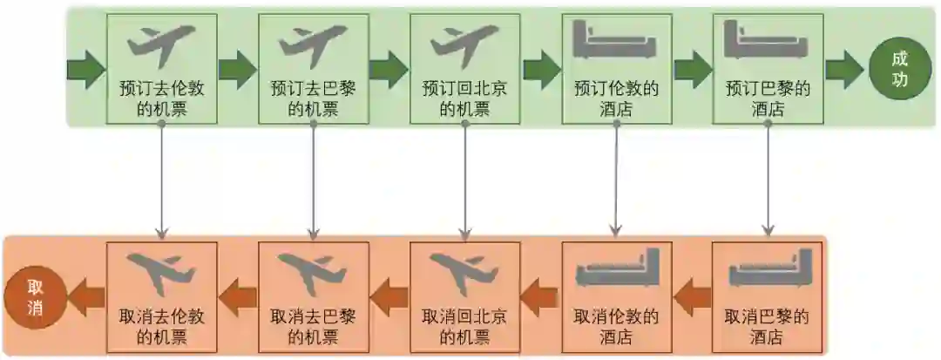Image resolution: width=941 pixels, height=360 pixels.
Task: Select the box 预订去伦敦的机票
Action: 161,68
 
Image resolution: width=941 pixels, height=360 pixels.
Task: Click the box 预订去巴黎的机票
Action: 313,68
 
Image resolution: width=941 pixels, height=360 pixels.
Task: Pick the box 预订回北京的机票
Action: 464,68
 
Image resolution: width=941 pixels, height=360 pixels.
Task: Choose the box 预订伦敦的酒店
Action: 616,68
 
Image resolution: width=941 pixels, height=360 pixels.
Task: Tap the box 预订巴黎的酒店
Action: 768,68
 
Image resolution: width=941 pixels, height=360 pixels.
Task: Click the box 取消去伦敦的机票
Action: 161,295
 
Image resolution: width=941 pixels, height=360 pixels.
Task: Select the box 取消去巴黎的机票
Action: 313,295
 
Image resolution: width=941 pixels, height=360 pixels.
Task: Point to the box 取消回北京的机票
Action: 464,295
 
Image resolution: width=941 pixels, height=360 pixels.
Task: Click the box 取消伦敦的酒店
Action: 616,295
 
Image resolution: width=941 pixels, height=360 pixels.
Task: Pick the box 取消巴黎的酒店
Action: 768,295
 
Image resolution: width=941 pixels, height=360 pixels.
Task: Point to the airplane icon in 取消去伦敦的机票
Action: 161,273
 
